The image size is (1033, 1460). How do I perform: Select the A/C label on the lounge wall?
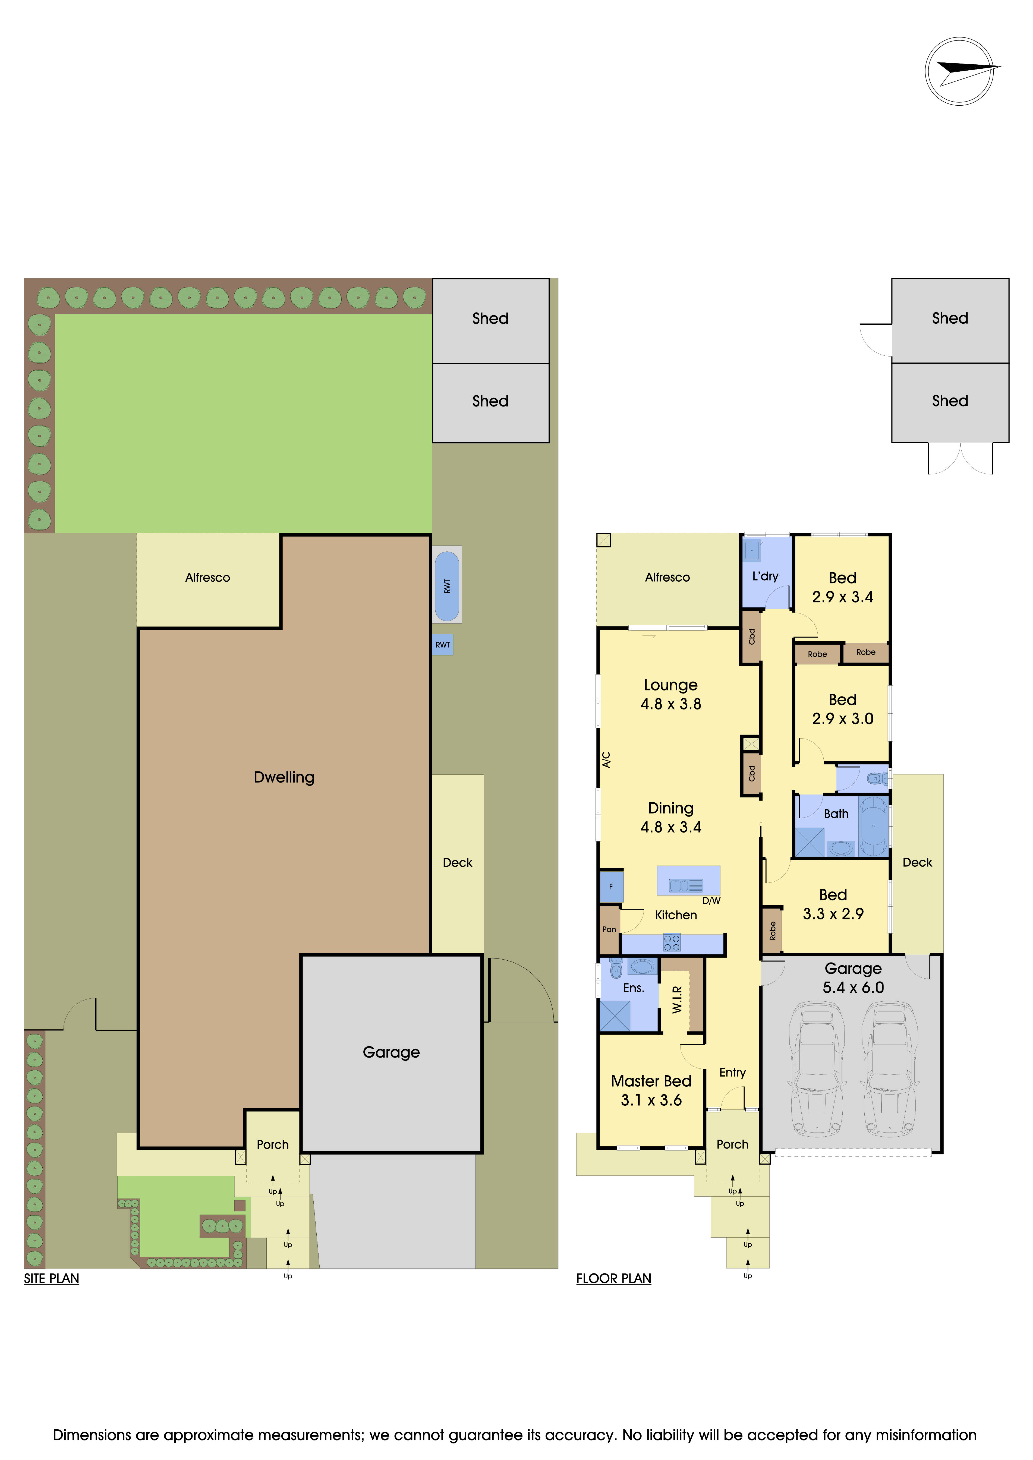(x=606, y=760)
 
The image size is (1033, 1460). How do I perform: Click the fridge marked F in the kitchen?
(x=611, y=887)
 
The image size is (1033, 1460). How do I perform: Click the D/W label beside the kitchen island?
(x=711, y=900)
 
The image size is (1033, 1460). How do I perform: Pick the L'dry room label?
(x=765, y=576)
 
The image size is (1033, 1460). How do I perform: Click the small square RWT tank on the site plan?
(x=443, y=645)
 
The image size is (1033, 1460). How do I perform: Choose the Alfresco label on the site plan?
(x=207, y=577)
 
